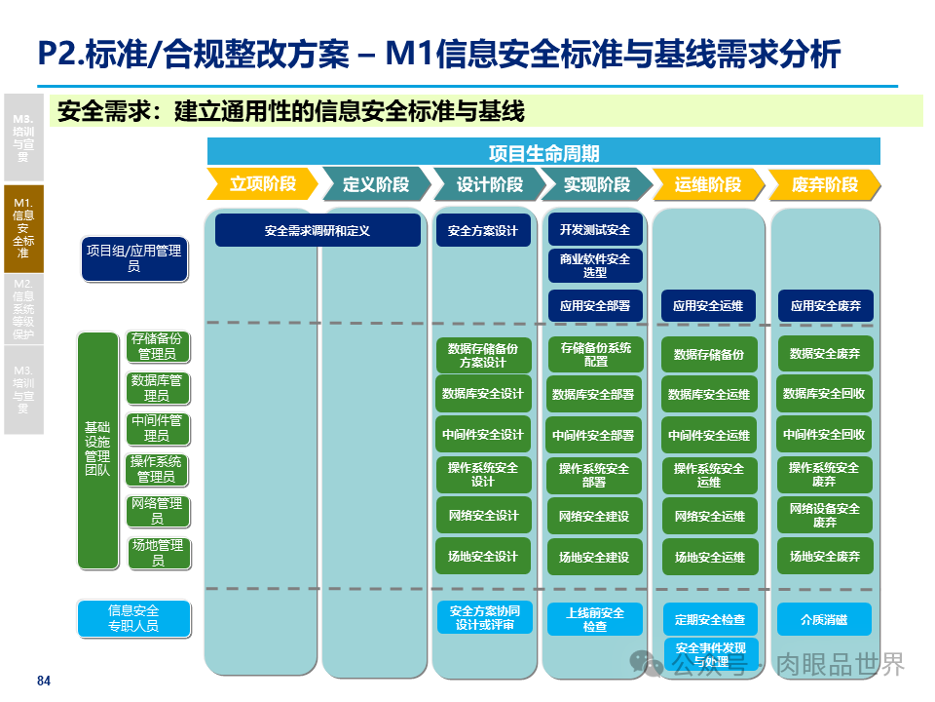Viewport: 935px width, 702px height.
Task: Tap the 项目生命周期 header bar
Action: coord(543,152)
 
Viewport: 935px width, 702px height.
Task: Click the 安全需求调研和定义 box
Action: coord(318,231)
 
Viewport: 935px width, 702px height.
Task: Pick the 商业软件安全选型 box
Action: coord(595,265)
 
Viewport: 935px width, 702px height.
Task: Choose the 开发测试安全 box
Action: coord(595,230)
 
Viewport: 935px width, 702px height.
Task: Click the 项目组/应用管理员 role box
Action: coord(133,258)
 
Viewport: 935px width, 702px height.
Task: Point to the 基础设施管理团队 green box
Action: coord(97,449)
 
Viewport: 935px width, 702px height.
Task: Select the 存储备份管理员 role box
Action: coord(156,347)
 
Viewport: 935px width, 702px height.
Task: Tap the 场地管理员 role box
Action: coord(156,553)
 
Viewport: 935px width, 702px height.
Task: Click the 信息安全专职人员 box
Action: coord(133,618)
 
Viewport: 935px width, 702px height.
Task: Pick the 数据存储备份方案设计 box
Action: coord(483,355)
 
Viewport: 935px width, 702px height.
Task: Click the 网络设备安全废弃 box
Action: coord(824,516)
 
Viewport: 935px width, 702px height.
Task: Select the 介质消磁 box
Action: coord(824,619)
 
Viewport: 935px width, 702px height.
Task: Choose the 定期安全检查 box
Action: coord(710,620)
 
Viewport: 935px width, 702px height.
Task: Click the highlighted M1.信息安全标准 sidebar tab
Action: coord(22,228)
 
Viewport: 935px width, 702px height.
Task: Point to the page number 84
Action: coord(43,681)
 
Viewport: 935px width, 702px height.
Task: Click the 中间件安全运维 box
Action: coord(710,436)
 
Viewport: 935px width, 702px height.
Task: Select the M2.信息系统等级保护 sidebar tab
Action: coord(22,308)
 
